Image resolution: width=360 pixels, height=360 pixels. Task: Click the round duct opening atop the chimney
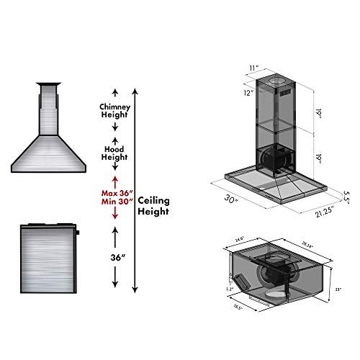[x=280, y=77]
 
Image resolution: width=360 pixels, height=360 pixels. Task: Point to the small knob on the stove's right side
[x=77, y=233]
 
